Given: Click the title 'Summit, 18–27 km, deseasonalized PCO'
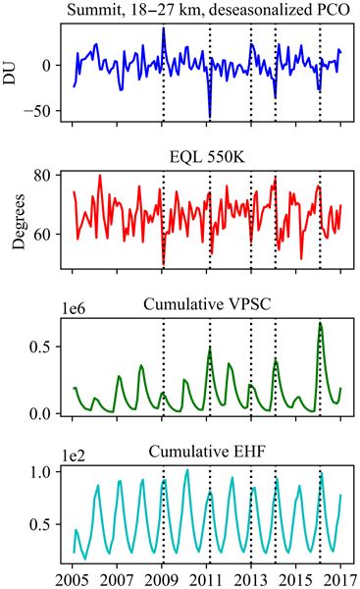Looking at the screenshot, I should [x=207, y=11].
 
